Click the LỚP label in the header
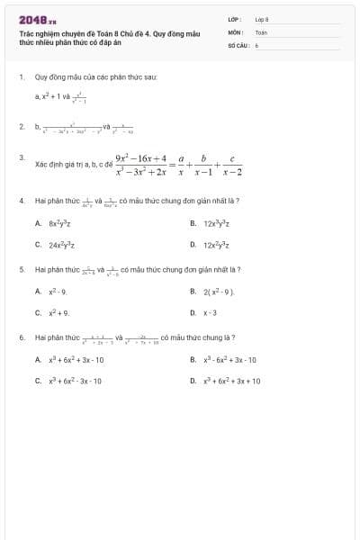pyautogui.click(x=234, y=19)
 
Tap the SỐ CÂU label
pyautogui.click(x=237, y=44)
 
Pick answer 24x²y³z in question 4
pyautogui.click(x=62, y=244)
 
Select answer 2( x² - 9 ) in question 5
pyautogui.click(x=219, y=291)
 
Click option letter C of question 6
pyautogui.click(x=38, y=381)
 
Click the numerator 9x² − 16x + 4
pyautogui.click(x=141, y=158)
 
